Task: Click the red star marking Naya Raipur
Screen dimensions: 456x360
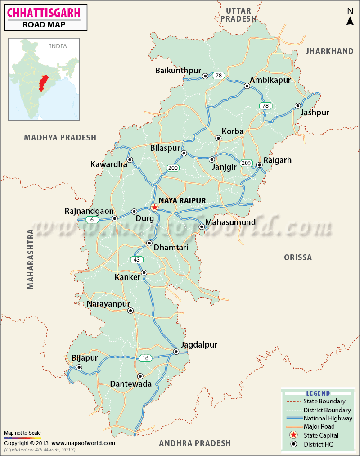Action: (x=154, y=208)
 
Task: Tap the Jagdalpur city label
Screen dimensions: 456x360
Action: (x=199, y=345)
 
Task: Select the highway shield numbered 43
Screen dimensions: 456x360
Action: (x=136, y=260)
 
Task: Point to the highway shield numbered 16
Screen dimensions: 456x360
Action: (x=145, y=358)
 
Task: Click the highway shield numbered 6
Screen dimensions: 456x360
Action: (x=92, y=220)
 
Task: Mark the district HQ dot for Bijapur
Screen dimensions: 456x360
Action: (x=79, y=368)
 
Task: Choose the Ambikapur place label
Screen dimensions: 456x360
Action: (x=270, y=80)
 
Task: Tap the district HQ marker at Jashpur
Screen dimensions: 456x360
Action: (x=297, y=106)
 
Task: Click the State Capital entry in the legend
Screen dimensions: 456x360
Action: (x=320, y=435)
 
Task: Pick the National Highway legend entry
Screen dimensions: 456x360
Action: (x=328, y=418)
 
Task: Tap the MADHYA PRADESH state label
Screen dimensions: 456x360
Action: (x=60, y=138)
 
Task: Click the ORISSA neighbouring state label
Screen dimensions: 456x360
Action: (x=297, y=257)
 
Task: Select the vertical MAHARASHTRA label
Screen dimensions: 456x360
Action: (x=31, y=259)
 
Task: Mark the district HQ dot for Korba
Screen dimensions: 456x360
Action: (x=218, y=139)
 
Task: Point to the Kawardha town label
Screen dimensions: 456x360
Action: (x=109, y=164)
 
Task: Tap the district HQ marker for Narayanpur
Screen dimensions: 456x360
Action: (x=130, y=311)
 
